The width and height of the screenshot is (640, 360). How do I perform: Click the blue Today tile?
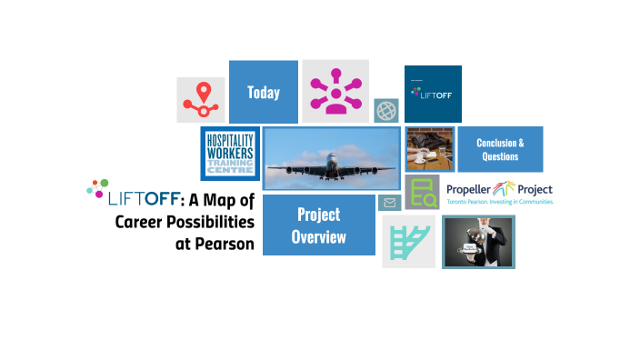coord(263,92)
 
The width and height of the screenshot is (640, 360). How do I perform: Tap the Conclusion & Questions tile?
coord(500,149)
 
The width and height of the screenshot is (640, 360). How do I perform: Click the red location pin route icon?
coord(200,100)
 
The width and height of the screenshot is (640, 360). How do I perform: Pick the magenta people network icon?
coord(335,91)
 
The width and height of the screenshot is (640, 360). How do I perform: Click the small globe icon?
coord(385,110)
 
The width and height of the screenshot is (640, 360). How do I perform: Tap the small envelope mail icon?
coord(389,203)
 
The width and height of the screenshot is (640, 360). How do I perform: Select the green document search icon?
coord(422,193)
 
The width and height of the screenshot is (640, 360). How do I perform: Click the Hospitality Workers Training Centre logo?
coord(230,154)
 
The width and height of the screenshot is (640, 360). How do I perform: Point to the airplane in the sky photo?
coord(331,158)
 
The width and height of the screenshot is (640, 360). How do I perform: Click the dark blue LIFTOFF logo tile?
coord(433,94)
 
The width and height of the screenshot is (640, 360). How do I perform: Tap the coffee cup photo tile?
coord(429,150)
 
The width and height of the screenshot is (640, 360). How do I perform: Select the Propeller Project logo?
coord(499,193)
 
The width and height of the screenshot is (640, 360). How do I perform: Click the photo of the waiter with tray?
coord(478,243)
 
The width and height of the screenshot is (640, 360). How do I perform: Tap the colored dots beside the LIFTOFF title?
coord(97,188)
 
